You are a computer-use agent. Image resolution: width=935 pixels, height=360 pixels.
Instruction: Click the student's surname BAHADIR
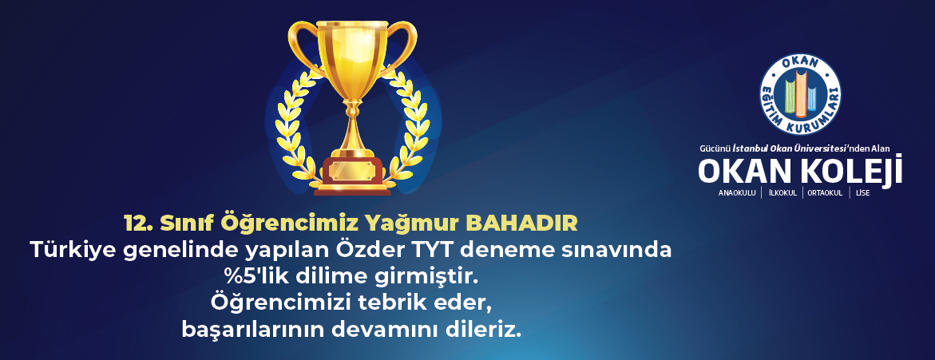tap(521, 224)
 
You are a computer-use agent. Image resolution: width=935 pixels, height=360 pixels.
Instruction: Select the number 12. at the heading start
tap(139, 224)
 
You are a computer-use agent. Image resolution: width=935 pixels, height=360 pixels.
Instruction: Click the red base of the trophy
tap(352, 176)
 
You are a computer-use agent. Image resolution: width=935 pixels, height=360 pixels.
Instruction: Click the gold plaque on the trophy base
tap(352, 170)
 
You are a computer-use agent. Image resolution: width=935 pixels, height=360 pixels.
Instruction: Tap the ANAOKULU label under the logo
tap(737, 193)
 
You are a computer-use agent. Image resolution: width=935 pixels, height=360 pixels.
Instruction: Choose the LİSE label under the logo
tap(862, 193)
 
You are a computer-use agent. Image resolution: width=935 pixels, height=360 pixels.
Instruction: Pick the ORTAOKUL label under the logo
tap(825, 193)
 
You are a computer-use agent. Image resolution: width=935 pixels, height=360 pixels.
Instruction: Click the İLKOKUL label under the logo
tap(783, 193)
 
